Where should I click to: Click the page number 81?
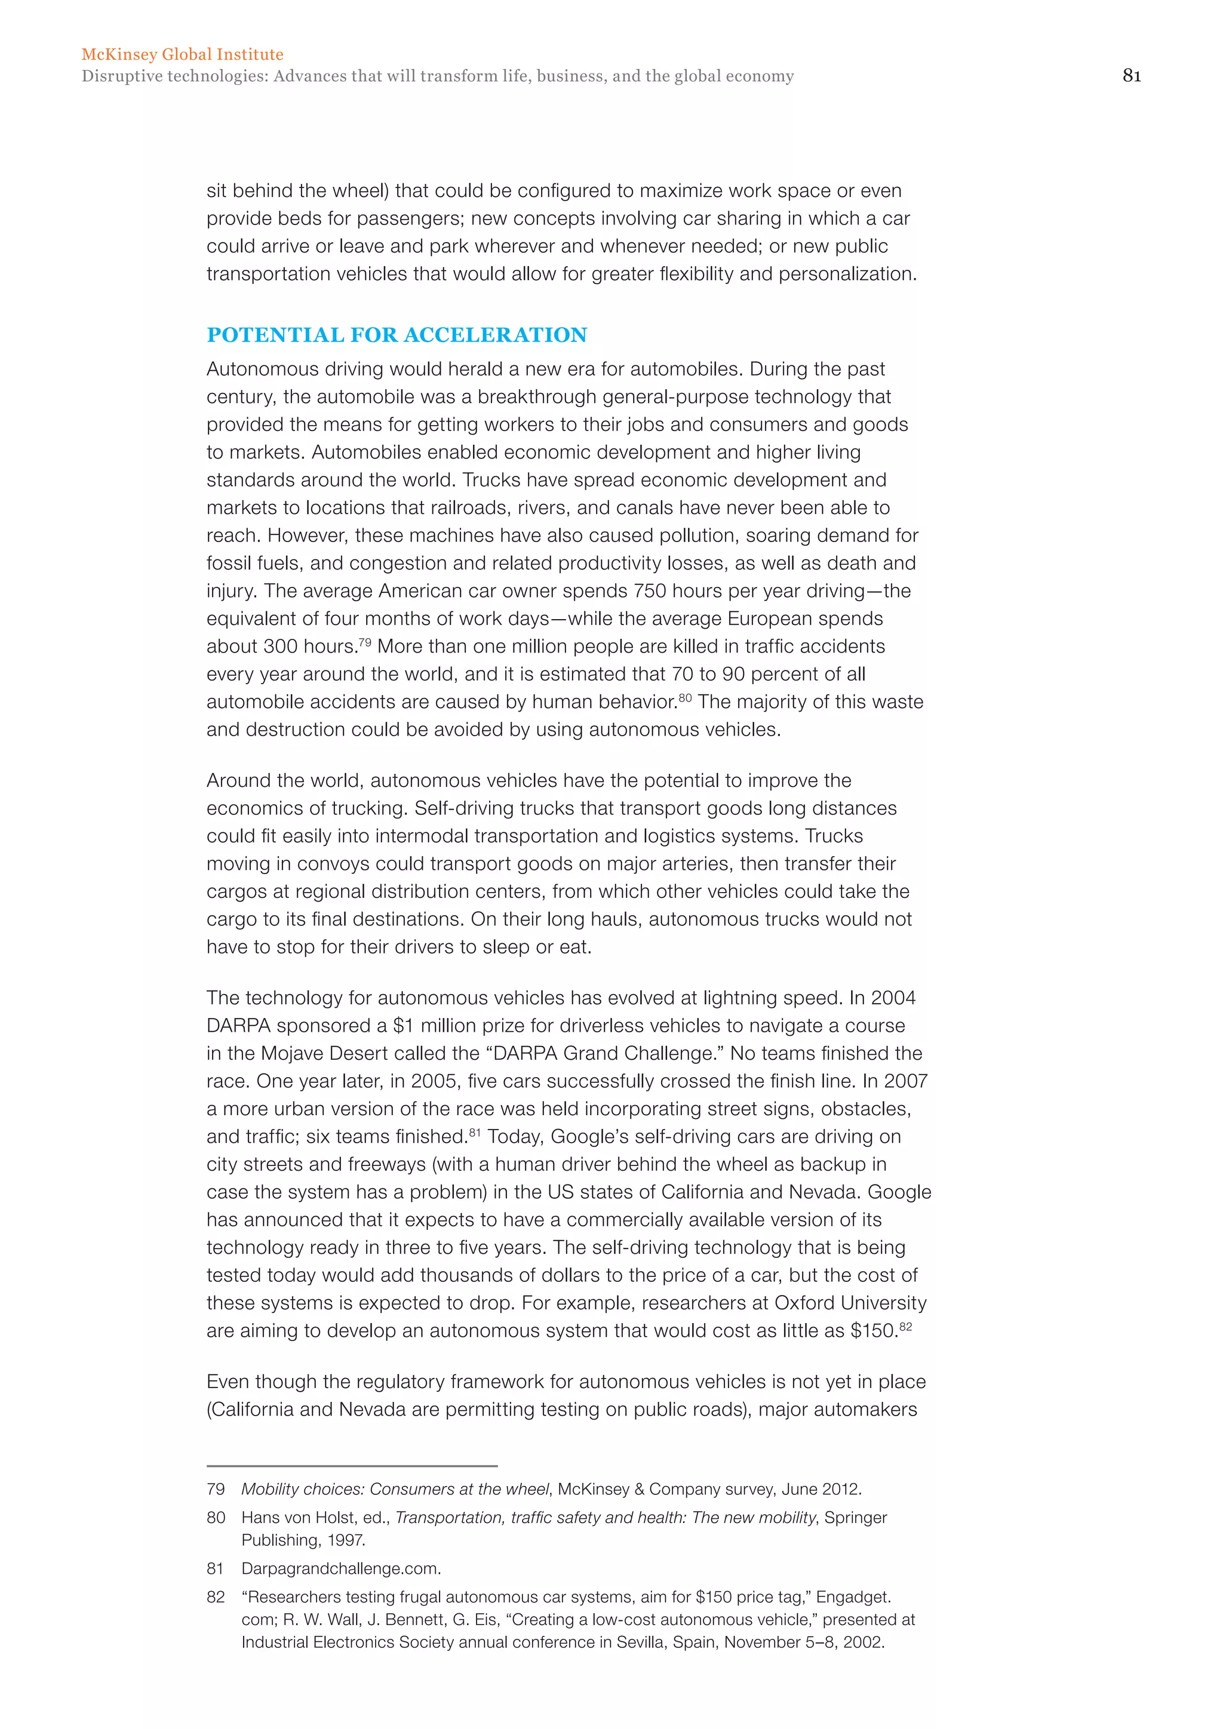pyautogui.click(x=1131, y=75)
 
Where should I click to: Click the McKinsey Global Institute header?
pyautogui.click(x=182, y=54)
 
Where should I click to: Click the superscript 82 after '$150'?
pyautogui.click(x=905, y=1326)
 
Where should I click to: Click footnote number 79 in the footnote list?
pyautogui.click(x=216, y=1489)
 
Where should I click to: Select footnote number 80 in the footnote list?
pyautogui.click(x=216, y=1518)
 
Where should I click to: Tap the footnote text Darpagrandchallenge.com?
pyautogui.click(x=340, y=1568)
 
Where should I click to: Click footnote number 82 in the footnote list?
pyautogui.click(x=216, y=1596)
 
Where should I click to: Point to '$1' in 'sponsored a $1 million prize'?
pyautogui.click(x=404, y=1026)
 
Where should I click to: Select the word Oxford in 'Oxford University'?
pyautogui.click(x=804, y=1303)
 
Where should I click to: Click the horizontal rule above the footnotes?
pyautogui.click(x=352, y=1466)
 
